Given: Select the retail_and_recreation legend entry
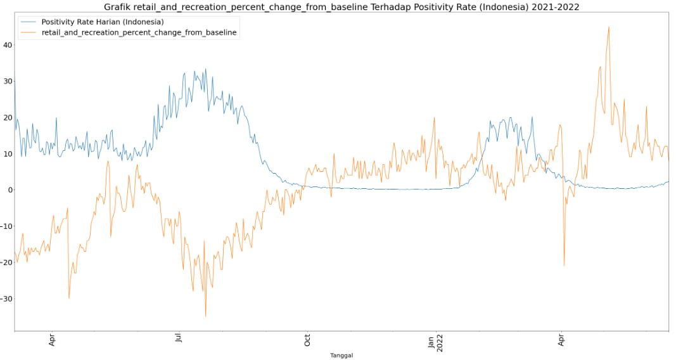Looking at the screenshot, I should pos(139,32).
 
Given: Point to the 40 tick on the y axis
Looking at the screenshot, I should pos(7,44).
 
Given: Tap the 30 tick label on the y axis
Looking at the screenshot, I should pos(7,81).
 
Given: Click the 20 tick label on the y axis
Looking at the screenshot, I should pos(7,117).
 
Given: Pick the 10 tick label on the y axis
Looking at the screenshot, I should pos(7,153).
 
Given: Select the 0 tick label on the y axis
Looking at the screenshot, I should pos(9,190).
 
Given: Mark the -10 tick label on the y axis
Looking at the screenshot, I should pos(6,226).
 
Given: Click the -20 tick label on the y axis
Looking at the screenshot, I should pos(6,262).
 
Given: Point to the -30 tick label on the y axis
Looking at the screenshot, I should pos(6,299).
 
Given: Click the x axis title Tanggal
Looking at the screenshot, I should pos(341,356).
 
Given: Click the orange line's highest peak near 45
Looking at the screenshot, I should pos(609,27).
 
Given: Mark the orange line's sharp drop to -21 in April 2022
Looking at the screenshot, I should pos(564,266).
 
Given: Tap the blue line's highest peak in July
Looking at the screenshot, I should pos(205,69).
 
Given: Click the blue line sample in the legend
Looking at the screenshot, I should pos(29,22).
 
